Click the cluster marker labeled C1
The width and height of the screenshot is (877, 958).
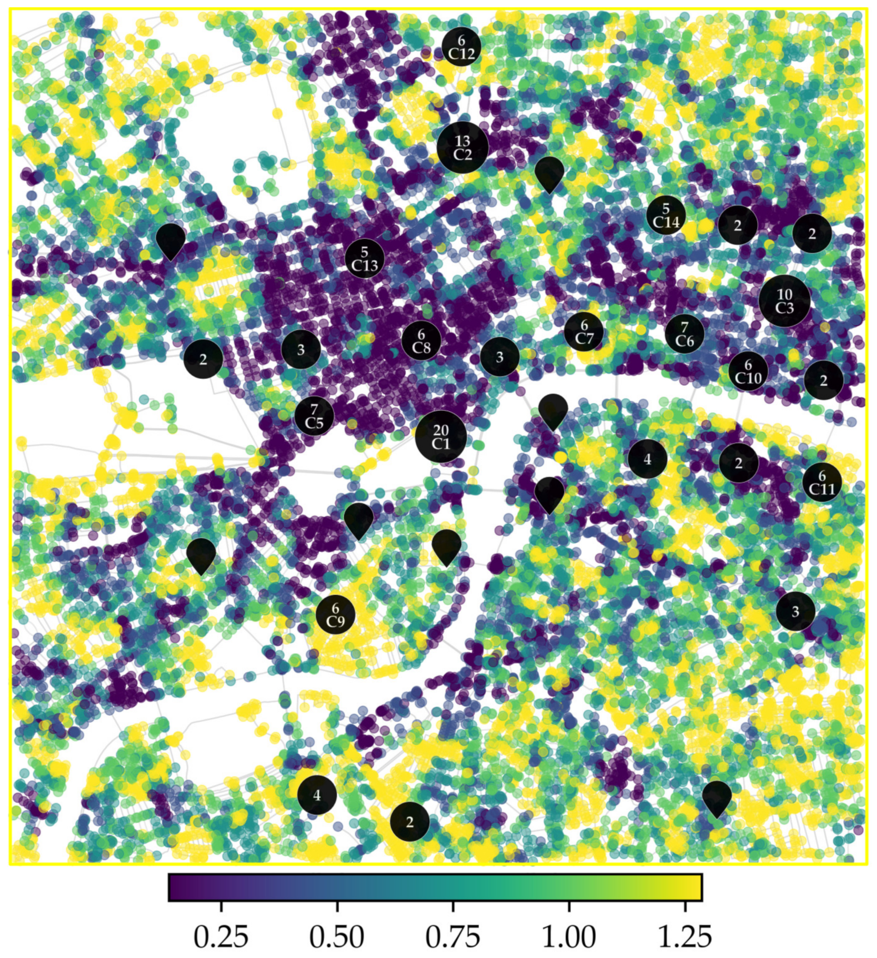click(x=440, y=437)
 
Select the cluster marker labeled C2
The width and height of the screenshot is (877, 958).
click(x=462, y=147)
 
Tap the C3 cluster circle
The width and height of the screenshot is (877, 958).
click(x=784, y=301)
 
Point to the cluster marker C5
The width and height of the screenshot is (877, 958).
click(x=314, y=416)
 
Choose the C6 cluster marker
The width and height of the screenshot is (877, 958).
click(x=684, y=334)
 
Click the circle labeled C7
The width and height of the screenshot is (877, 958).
click(x=584, y=332)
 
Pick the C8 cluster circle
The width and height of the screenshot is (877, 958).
click(x=421, y=341)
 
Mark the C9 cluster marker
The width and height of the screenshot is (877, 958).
click(x=336, y=614)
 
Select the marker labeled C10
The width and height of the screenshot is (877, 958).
click(x=748, y=371)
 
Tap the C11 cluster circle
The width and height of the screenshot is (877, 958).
click(x=822, y=482)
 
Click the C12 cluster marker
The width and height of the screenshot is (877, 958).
click(x=461, y=46)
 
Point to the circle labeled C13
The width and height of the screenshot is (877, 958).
click(x=365, y=258)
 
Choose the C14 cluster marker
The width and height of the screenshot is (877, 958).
click(x=666, y=215)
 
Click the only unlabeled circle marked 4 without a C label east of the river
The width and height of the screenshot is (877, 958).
click(x=647, y=459)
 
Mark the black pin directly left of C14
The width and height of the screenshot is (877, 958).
click(x=550, y=173)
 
